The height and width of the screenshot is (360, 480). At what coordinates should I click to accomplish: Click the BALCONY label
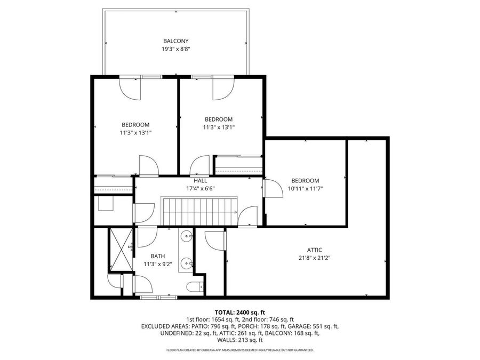click(175, 41)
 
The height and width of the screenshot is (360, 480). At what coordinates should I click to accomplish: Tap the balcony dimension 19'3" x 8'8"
click(175, 49)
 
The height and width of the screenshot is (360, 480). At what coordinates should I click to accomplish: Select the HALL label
click(200, 181)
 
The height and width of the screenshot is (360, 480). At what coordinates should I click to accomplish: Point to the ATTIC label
click(314, 250)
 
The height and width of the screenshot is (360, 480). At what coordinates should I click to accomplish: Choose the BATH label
click(158, 256)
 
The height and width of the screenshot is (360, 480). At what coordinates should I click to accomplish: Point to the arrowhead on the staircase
click(235, 211)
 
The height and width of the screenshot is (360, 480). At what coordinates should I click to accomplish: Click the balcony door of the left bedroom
click(131, 87)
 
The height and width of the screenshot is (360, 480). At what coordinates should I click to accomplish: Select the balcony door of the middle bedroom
click(223, 87)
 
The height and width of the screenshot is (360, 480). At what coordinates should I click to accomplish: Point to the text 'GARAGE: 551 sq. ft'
click(311, 326)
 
